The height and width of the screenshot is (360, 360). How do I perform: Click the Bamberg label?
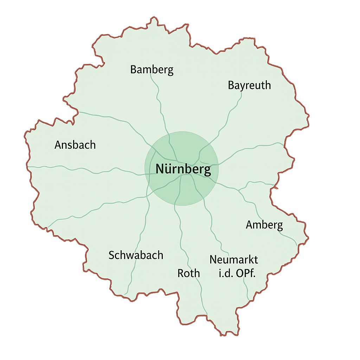152,70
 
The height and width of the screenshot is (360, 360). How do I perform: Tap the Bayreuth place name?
249,85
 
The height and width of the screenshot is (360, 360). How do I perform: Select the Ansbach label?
75,145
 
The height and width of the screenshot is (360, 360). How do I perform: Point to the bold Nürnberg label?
183,170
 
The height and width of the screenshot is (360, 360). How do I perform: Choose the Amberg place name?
264,225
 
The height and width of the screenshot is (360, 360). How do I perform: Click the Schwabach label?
136,255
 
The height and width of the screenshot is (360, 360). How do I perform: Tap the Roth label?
189,273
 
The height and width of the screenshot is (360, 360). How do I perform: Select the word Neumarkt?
234,260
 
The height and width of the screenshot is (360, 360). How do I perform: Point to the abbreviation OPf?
246,273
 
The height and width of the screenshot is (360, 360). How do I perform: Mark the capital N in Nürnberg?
159,170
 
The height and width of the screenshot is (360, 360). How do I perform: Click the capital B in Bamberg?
134,70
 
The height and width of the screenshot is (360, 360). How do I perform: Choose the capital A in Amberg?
249,225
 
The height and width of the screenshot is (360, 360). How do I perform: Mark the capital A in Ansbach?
58,145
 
